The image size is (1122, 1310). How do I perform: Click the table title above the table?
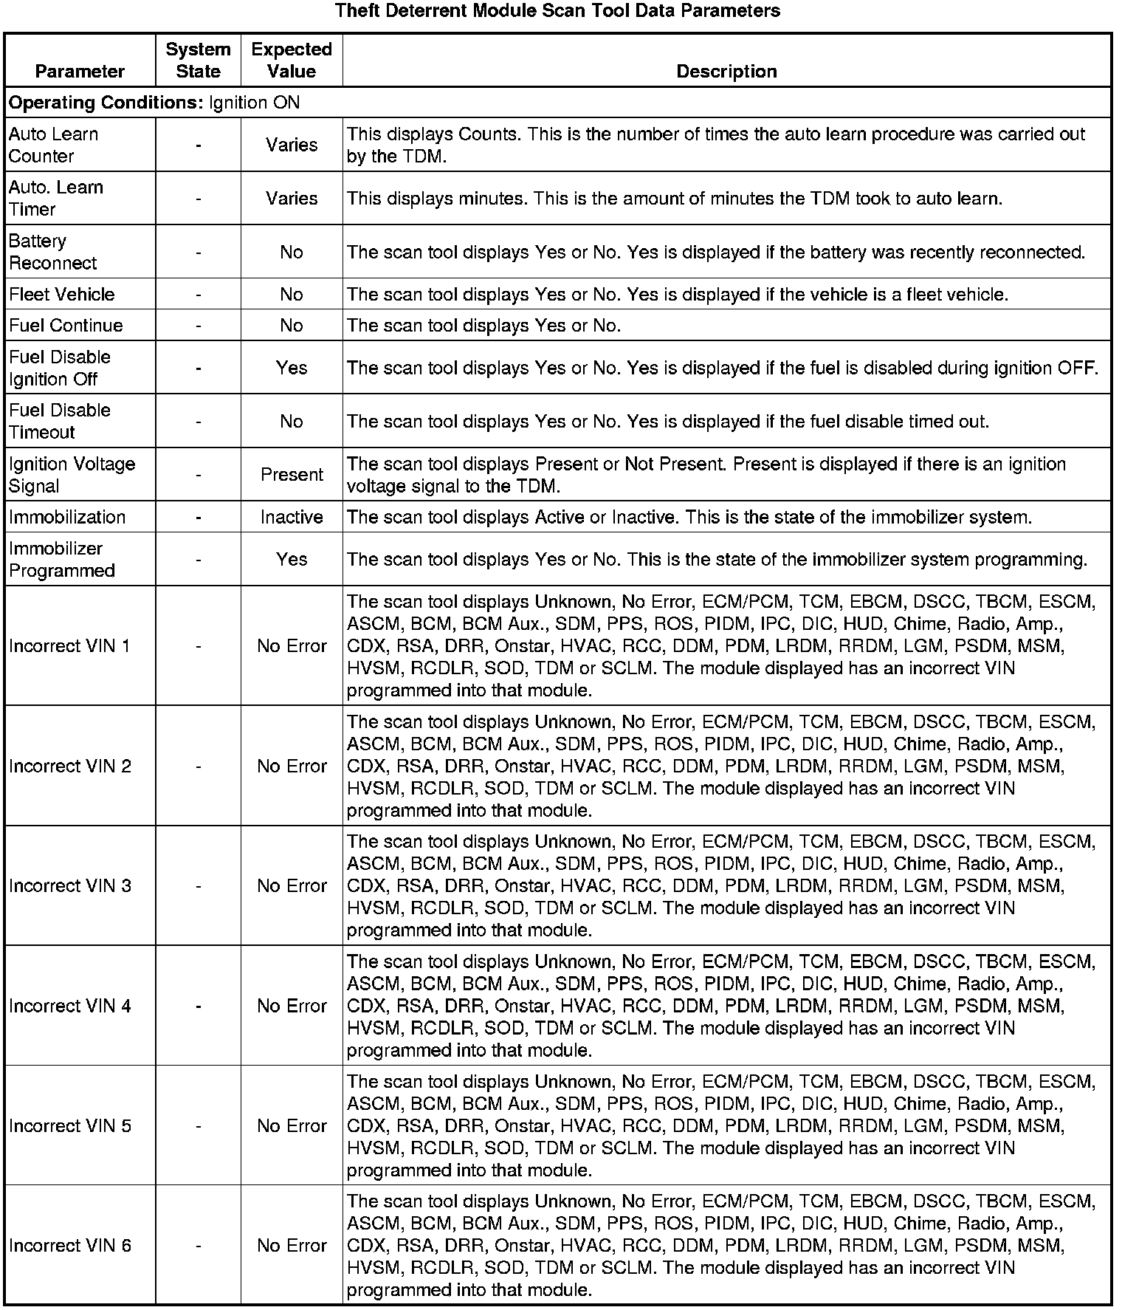pyautogui.click(x=557, y=11)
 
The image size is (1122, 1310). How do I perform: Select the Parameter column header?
pyautogui.click(x=80, y=72)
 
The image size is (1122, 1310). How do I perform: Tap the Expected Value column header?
pyautogui.click(x=292, y=61)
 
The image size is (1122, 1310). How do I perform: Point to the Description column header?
pyautogui.click(x=726, y=72)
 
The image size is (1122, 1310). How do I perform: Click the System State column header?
pyautogui.click(x=198, y=61)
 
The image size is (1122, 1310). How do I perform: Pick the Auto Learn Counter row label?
pyautogui.click(x=53, y=145)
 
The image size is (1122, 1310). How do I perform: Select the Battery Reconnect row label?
pyautogui.click(x=53, y=252)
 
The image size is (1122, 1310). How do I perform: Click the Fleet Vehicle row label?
pyautogui.click(x=62, y=295)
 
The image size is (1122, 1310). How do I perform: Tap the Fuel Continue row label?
pyautogui.click(x=66, y=326)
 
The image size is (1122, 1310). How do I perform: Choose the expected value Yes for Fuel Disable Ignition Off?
pyautogui.click(x=292, y=368)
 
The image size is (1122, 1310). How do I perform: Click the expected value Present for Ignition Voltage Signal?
pyautogui.click(x=292, y=475)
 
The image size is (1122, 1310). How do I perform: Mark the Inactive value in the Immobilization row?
pyautogui.click(x=292, y=517)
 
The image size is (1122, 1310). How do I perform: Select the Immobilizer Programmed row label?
pyautogui.click(x=62, y=560)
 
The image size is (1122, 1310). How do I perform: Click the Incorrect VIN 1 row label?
pyautogui.click(x=69, y=646)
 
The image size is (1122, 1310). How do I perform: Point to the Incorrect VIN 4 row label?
pyautogui.click(x=70, y=1006)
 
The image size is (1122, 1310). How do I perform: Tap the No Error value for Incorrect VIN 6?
pyautogui.click(x=292, y=1246)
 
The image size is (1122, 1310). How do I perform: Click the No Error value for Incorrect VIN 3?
pyautogui.click(x=292, y=885)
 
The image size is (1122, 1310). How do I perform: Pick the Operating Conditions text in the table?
pyautogui.click(x=154, y=103)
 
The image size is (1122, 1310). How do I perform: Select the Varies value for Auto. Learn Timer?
pyautogui.click(x=292, y=199)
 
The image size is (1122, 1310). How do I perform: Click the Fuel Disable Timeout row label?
pyautogui.click(x=60, y=421)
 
